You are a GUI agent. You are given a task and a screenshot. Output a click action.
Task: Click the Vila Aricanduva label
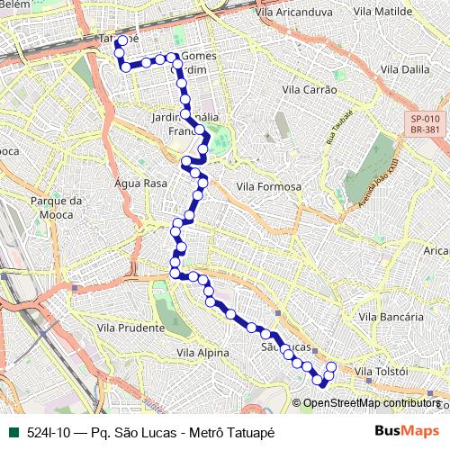click(x=294, y=13)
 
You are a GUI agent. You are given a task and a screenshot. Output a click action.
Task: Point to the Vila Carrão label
click(x=310, y=90)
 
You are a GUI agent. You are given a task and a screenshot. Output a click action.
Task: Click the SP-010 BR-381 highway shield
click(x=425, y=123)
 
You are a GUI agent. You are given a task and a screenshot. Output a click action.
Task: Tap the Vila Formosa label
click(x=268, y=185)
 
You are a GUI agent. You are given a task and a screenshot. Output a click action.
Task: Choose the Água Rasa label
click(x=141, y=183)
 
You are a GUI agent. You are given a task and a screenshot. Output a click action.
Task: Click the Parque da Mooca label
click(x=56, y=207)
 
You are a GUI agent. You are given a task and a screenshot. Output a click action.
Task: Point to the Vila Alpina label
click(x=203, y=354)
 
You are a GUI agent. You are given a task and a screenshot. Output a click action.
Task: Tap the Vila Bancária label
click(x=391, y=317)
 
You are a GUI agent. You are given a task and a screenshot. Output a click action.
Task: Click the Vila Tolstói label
click(x=382, y=372)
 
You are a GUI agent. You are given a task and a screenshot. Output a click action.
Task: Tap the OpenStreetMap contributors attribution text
click(x=371, y=403)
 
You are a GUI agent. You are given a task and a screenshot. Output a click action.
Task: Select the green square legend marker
click(x=13, y=432)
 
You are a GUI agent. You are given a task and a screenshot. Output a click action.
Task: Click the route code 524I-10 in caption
click(x=49, y=432)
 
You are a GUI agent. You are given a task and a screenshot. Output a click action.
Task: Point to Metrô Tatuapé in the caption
click(x=233, y=432)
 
